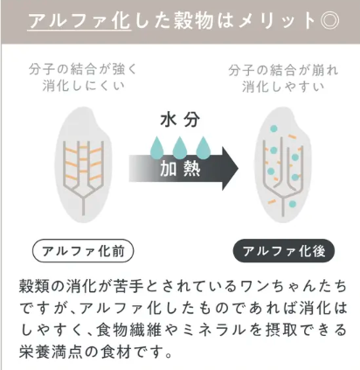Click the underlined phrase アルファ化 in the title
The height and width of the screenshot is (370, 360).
[x=80, y=21]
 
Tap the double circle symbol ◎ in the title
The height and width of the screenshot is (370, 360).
[x=329, y=21]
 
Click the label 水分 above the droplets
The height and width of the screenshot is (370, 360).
[x=180, y=120]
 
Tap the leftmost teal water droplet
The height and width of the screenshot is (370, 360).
[x=157, y=147]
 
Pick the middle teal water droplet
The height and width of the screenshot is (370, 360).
[x=180, y=147]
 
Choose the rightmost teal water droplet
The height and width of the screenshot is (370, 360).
[x=203, y=147]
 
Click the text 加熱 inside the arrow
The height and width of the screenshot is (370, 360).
[x=180, y=169]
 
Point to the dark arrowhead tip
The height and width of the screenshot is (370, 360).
[x=238, y=168]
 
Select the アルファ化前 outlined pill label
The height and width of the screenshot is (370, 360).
[x=83, y=251]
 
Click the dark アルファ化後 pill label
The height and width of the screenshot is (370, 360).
[x=284, y=251]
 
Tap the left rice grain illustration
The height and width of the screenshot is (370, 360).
[x=83, y=164]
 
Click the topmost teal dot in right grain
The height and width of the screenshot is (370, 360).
[x=273, y=128]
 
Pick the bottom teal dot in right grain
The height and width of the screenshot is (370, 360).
[x=293, y=204]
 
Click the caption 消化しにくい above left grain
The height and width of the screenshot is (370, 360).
[x=83, y=87]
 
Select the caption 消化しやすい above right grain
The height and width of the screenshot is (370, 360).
[x=283, y=87]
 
